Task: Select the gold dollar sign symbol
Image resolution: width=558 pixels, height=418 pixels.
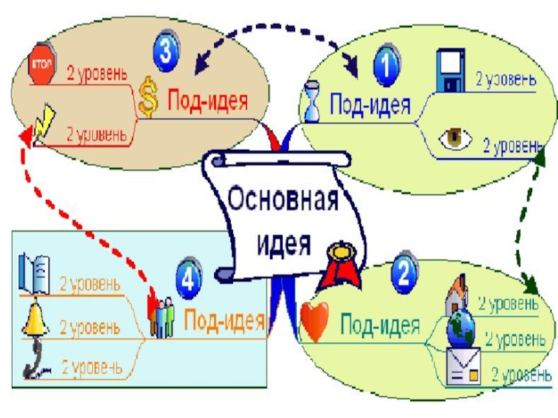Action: coord(148,97)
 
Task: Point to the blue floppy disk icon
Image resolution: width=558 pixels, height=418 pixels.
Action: coord(450,70)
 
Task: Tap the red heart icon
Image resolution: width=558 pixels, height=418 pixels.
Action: coord(314,321)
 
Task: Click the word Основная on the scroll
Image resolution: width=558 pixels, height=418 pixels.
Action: coord(283,204)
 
